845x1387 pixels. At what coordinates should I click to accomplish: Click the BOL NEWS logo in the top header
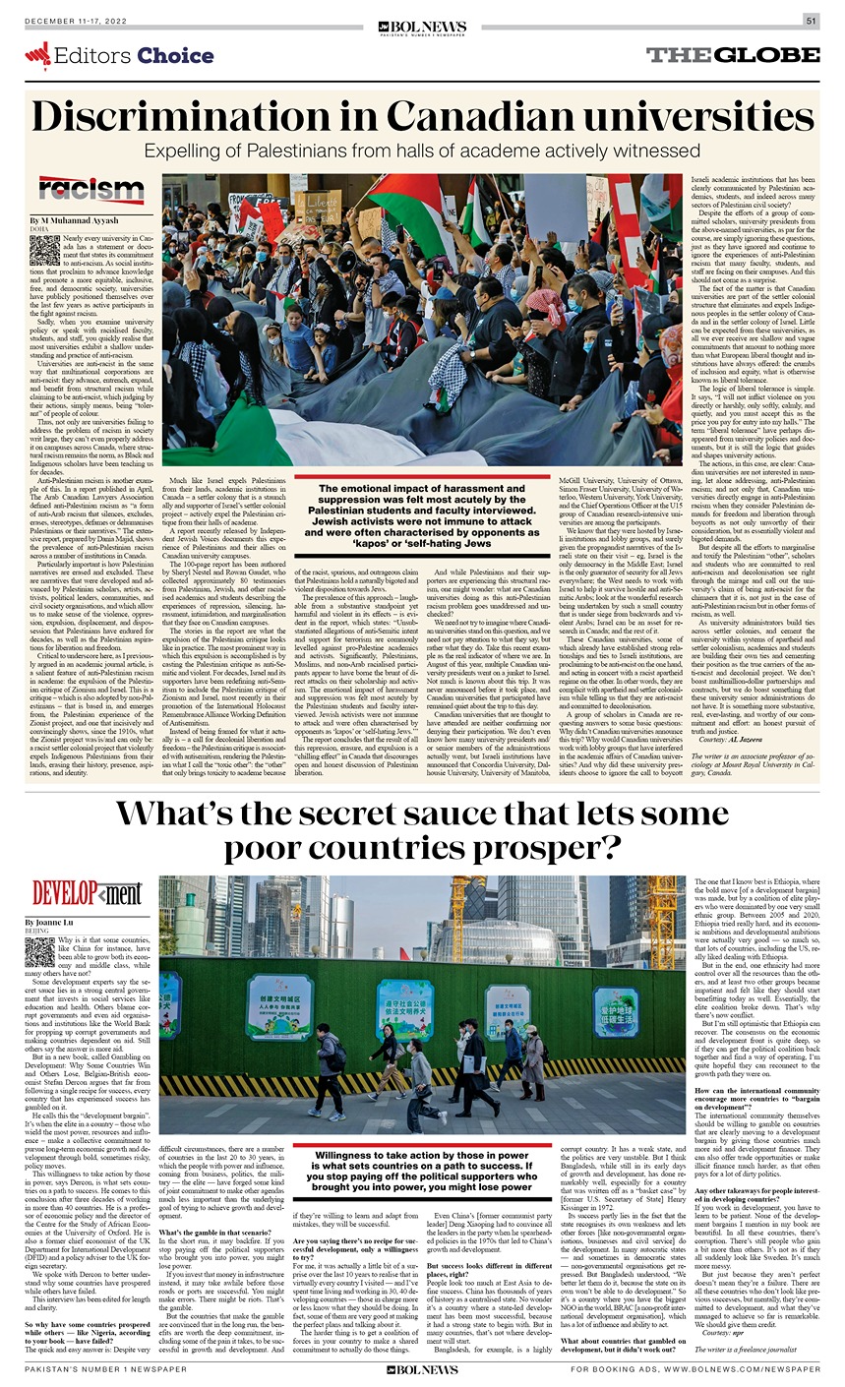[x=421, y=28]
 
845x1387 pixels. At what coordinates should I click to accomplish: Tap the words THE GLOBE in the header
[x=732, y=55]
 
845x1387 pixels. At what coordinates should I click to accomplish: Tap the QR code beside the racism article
[x=43, y=249]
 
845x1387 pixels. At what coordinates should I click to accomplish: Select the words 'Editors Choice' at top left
[x=119, y=56]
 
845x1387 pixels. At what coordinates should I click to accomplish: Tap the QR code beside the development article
[x=40, y=951]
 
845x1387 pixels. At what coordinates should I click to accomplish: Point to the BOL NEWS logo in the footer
[x=422, y=1369]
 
